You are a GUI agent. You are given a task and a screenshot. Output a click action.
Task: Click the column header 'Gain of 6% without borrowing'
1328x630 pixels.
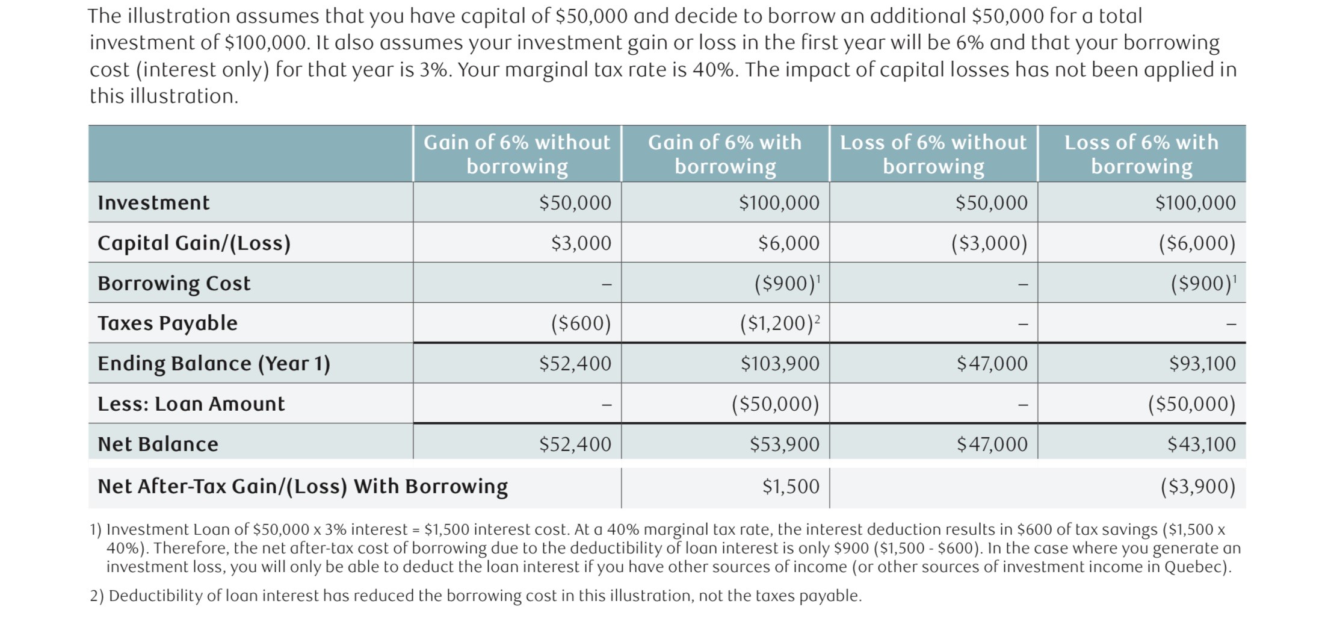pyautogui.click(x=517, y=154)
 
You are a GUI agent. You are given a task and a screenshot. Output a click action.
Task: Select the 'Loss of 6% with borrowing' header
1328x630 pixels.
pyautogui.click(x=1141, y=154)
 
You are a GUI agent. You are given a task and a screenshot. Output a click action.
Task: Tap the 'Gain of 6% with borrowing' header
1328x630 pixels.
pyautogui.click(x=724, y=154)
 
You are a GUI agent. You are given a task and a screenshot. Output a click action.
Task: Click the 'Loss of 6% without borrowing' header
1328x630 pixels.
pyautogui.click(x=933, y=154)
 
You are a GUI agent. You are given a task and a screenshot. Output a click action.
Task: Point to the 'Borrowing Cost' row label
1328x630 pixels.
pyautogui.click(x=174, y=283)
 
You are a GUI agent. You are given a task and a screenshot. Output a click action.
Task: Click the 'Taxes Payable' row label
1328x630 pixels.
pyautogui.click(x=167, y=323)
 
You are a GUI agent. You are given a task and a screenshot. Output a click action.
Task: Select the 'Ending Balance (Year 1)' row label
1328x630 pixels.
pyautogui.click(x=214, y=364)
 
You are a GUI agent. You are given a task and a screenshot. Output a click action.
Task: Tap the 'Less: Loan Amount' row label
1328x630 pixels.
pyautogui.click(x=191, y=404)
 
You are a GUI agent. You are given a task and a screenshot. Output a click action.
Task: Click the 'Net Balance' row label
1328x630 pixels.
pyautogui.click(x=158, y=444)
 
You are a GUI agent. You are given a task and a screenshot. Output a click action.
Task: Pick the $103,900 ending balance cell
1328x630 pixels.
pyautogui.click(x=780, y=364)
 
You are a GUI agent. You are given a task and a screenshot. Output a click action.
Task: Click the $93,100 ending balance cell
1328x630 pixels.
pyautogui.click(x=1202, y=364)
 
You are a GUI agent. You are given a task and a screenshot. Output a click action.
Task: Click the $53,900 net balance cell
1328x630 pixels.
pyautogui.click(x=784, y=444)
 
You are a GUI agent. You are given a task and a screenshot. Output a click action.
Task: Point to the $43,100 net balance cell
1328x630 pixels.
pyautogui.click(x=1201, y=444)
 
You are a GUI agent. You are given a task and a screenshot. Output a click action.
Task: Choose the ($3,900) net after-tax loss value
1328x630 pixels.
pyautogui.click(x=1197, y=487)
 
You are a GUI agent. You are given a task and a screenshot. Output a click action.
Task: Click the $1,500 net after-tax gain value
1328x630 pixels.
pyautogui.click(x=790, y=487)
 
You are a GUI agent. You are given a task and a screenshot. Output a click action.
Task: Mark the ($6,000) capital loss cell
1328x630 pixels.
pyautogui.click(x=1197, y=243)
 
